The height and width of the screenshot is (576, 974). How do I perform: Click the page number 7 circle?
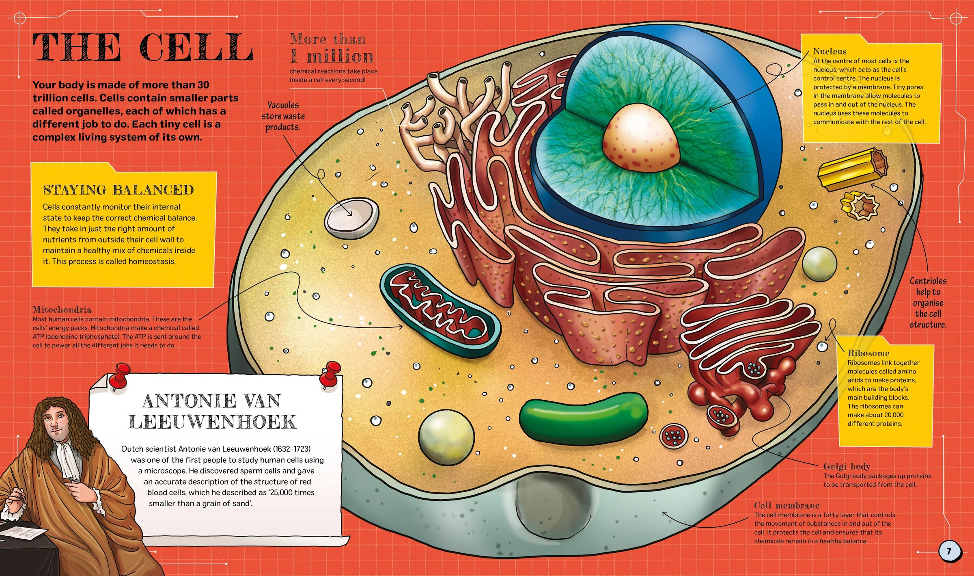coord(949,551)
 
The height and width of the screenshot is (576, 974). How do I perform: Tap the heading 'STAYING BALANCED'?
coord(119,190)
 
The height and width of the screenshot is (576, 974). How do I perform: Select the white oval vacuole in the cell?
coord(351,218)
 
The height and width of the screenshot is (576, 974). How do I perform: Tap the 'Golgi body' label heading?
coord(847,466)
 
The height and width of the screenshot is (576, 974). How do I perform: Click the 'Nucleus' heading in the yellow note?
coord(830,52)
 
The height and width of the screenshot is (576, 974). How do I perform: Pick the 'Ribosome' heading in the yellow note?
coord(868,353)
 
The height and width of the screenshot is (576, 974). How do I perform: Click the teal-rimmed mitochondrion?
coord(440,311)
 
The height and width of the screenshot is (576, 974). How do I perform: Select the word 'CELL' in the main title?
coord(196,48)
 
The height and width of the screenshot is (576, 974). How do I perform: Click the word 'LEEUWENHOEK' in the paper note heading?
coord(212,422)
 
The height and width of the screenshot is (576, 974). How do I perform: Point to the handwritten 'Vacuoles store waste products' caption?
coord(283,116)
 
